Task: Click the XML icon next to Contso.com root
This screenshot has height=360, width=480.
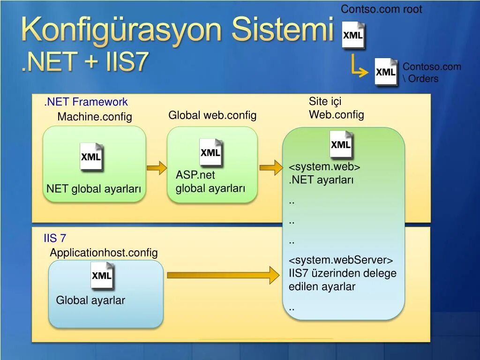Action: coord(353,36)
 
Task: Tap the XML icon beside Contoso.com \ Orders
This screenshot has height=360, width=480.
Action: coord(386,72)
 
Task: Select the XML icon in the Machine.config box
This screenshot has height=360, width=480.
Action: coord(91,157)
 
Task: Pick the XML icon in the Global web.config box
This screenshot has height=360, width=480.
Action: coord(210,152)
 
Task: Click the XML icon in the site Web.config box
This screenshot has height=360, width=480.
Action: coord(341,145)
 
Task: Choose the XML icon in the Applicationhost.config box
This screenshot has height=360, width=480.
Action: coord(102,276)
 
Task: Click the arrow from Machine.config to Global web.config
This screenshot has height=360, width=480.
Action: coord(157,167)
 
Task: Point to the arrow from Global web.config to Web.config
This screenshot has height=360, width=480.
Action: coord(270,167)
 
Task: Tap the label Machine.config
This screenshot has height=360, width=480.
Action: coord(95,117)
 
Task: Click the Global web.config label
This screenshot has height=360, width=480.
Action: coord(212,115)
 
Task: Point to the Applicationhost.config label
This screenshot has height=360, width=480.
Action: coord(104,253)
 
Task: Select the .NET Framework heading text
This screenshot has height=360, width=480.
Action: coord(86,102)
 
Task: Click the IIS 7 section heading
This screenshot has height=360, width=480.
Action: coord(55,238)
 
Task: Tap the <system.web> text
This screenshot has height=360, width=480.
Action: coord(324,167)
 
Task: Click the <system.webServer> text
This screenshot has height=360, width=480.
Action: coord(341,260)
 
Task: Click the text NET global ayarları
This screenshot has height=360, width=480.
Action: coord(94,189)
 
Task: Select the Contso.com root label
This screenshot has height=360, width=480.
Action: coord(381,9)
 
